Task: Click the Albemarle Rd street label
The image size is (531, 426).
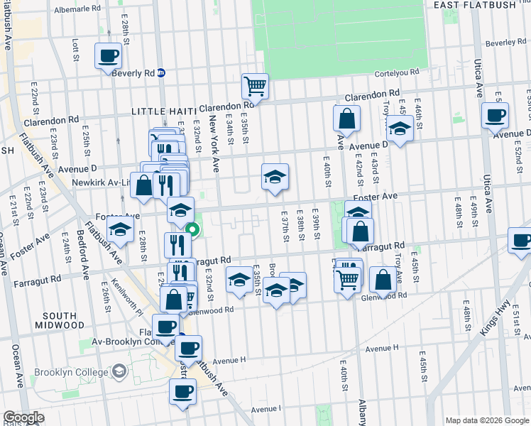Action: pos(77,9)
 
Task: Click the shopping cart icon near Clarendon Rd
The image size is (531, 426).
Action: pos(255,87)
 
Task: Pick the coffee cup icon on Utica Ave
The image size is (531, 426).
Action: pos(495,114)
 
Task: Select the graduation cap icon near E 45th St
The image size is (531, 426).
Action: pos(400,129)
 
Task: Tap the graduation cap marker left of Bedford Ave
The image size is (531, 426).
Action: pos(121,229)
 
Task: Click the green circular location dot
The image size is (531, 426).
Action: pos(192,229)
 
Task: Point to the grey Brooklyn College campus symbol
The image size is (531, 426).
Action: pos(120,371)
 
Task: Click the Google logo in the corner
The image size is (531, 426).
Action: pos(23,417)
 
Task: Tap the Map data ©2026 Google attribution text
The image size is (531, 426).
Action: pos(487,420)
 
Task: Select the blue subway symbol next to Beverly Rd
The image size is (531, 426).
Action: pos(161,72)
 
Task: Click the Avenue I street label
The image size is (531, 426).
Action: pos(266,409)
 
